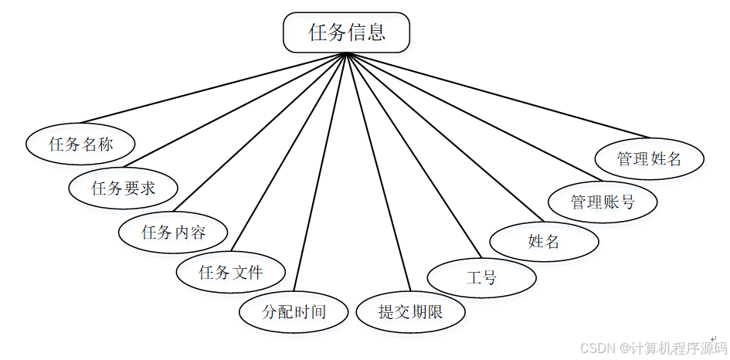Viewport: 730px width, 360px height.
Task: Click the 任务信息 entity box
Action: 346,32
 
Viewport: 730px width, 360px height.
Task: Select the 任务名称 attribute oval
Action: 80,144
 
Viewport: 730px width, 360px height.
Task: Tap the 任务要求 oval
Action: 123,187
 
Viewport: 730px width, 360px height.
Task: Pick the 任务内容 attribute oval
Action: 173,231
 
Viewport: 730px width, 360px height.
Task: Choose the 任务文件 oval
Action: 231,272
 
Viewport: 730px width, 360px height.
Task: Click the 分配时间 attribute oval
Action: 294,311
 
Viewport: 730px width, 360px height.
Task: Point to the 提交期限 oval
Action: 410,311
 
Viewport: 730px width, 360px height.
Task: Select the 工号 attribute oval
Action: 481,277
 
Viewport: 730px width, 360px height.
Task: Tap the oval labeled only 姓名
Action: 544,240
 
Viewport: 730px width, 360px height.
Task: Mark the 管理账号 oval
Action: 603,202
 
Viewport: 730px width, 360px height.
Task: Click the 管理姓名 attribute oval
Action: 649,158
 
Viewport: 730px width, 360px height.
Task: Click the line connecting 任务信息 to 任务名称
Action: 224,90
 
